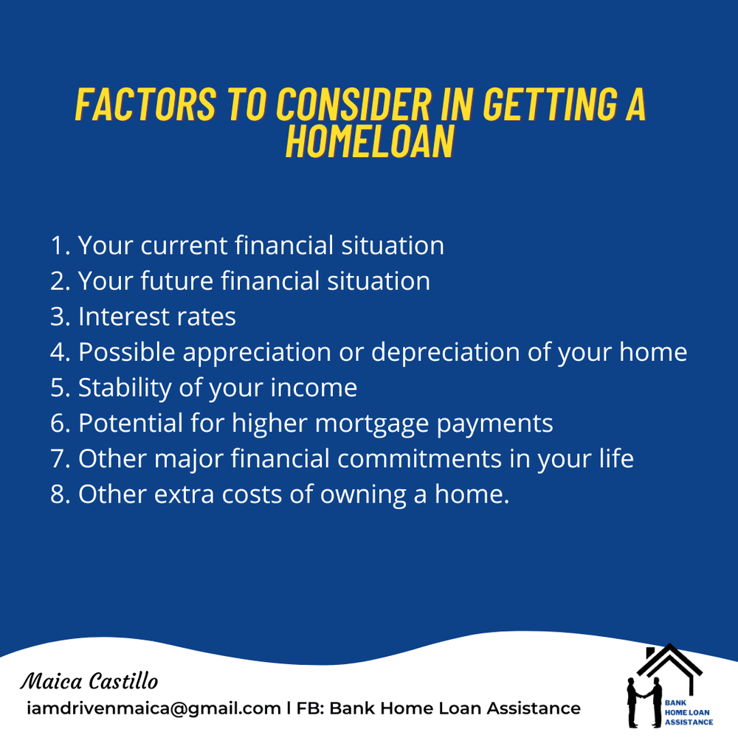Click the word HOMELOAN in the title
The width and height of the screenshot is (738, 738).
point(369,141)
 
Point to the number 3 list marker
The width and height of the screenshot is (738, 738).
point(59,317)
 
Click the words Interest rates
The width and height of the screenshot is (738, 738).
point(157,317)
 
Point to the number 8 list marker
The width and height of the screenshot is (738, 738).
point(59,494)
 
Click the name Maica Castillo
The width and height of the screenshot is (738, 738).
point(89,680)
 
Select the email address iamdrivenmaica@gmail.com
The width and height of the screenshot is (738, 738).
point(153,708)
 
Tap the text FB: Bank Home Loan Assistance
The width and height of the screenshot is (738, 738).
point(438,708)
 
